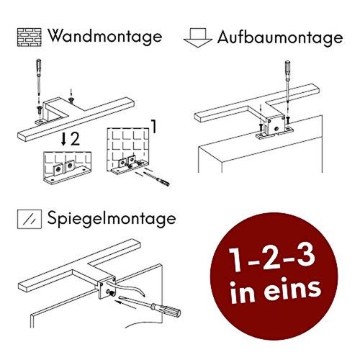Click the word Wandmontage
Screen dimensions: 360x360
(x=105, y=37)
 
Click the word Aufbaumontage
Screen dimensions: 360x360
(x=280, y=38)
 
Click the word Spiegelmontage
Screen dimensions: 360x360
(x=112, y=218)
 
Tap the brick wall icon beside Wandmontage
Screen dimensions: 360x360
(x=30, y=37)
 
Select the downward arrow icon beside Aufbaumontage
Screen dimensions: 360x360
(x=198, y=37)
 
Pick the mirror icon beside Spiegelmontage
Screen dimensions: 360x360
(x=30, y=219)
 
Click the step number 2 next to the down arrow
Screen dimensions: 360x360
(x=75, y=139)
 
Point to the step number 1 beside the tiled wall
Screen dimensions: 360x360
(x=154, y=127)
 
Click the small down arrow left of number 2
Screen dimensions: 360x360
(x=63, y=139)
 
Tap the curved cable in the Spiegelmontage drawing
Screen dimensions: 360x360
(x=127, y=287)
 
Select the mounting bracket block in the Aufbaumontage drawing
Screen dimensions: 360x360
(x=275, y=126)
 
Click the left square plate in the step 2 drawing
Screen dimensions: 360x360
(x=58, y=168)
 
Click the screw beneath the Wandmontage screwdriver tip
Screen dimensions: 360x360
(x=39, y=110)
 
